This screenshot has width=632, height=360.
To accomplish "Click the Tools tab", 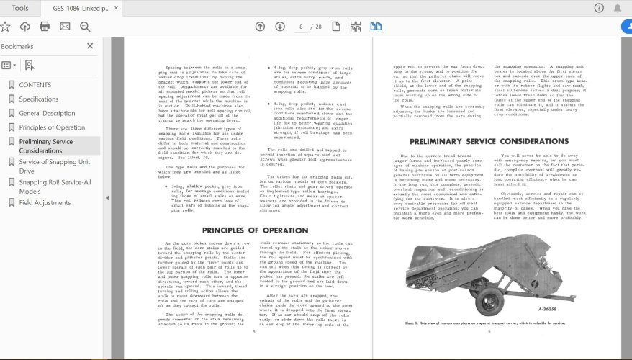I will click(x=20, y=8).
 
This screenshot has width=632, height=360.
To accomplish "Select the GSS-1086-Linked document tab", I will click(x=81, y=8).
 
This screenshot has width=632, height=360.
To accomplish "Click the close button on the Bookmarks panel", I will click(x=90, y=45).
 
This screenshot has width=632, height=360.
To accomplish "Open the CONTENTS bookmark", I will click(x=35, y=85).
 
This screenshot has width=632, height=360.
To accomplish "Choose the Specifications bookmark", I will click(x=39, y=99).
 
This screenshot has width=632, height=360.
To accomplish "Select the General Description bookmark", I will click(x=47, y=113).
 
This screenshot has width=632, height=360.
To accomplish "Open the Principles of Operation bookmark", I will click(x=52, y=127).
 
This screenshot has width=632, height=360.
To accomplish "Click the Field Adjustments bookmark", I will click(x=45, y=202).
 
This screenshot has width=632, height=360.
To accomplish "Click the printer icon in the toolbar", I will click(x=45, y=27).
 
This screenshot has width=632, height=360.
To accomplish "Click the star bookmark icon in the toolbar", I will click(x=6, y=27).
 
